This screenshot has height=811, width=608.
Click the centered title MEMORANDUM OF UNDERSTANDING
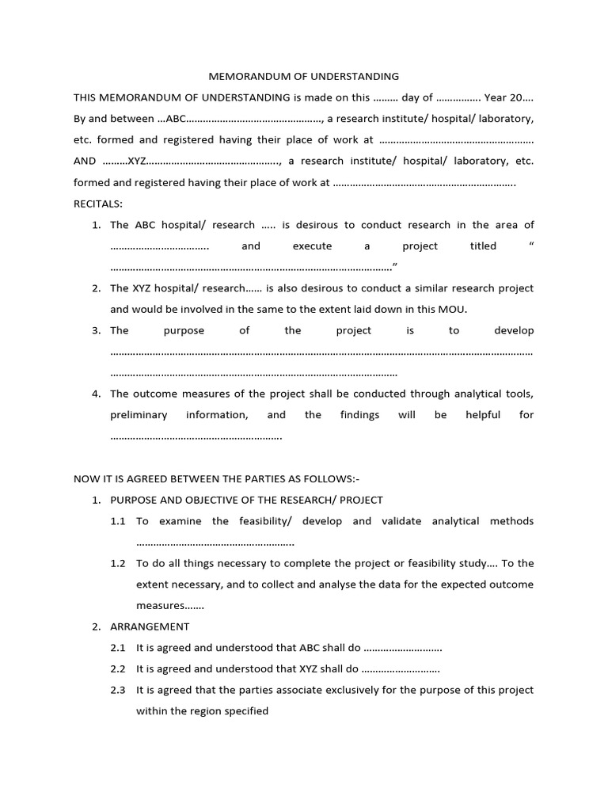(x=303, y=77)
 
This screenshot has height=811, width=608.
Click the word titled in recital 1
(x=483, y=246)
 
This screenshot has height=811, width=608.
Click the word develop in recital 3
(x=514, y=330)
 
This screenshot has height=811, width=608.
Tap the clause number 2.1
(x=119, y=648)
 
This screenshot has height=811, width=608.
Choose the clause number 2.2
(x=119, y=669)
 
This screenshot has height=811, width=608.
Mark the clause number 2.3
(x=119, y=690)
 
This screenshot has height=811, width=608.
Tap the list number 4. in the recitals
(x=97, y=394)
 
